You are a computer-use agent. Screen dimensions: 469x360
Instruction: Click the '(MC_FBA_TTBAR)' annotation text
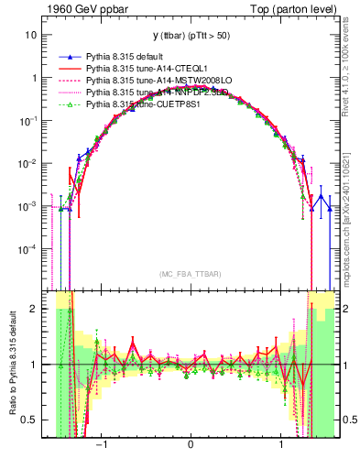point(190,275)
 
